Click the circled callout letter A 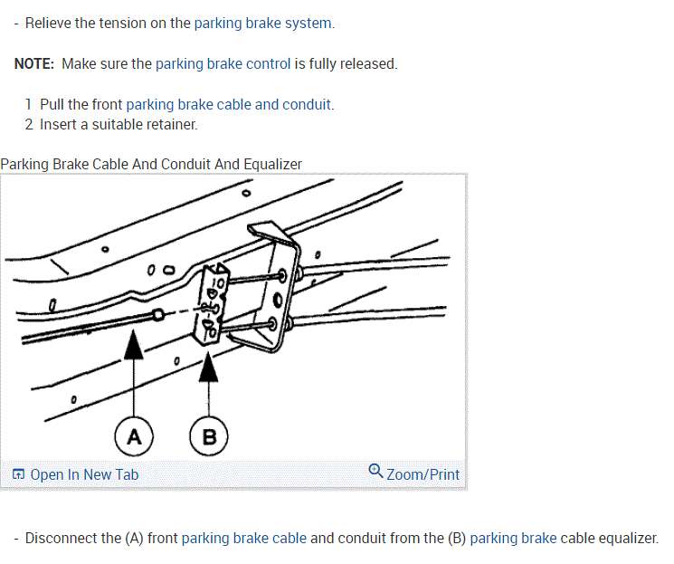[x=134, y=437]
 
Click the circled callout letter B [x=210, y=437]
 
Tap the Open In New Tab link [x=84, y=474]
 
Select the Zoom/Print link [x=422, y=474]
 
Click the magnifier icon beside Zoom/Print [x=376, y=472]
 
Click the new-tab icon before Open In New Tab [x=18, y=474]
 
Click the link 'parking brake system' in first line [x=264, y=23]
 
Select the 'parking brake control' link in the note [x=223, y=63]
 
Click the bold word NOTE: [x=34, y=63]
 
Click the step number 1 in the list [x=30, y=104]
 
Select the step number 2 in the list [x=30, y=124]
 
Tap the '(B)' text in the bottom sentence [x=457, y=538]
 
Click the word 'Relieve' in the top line [x=50, y=23]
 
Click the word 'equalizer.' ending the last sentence [x=627, y=538]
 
